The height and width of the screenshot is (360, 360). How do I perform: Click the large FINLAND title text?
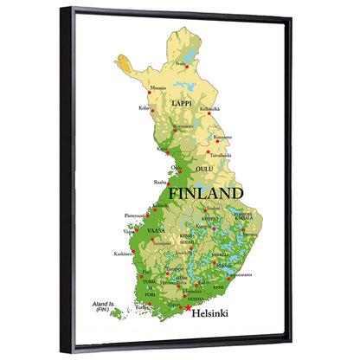coord(205,192)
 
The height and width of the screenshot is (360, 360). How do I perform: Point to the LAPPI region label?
coord(182,103)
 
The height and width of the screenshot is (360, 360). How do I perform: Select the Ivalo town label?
coord(179,62)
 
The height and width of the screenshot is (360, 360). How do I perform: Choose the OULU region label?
coord(204,169)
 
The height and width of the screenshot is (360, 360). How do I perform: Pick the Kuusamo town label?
coord(222,137)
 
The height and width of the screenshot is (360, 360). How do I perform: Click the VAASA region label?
coord(156,232)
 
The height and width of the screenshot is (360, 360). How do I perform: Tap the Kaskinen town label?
coord(123,254)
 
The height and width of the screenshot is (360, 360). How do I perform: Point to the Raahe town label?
coord(160,183)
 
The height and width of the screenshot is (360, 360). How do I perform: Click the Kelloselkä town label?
coord(210,109)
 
